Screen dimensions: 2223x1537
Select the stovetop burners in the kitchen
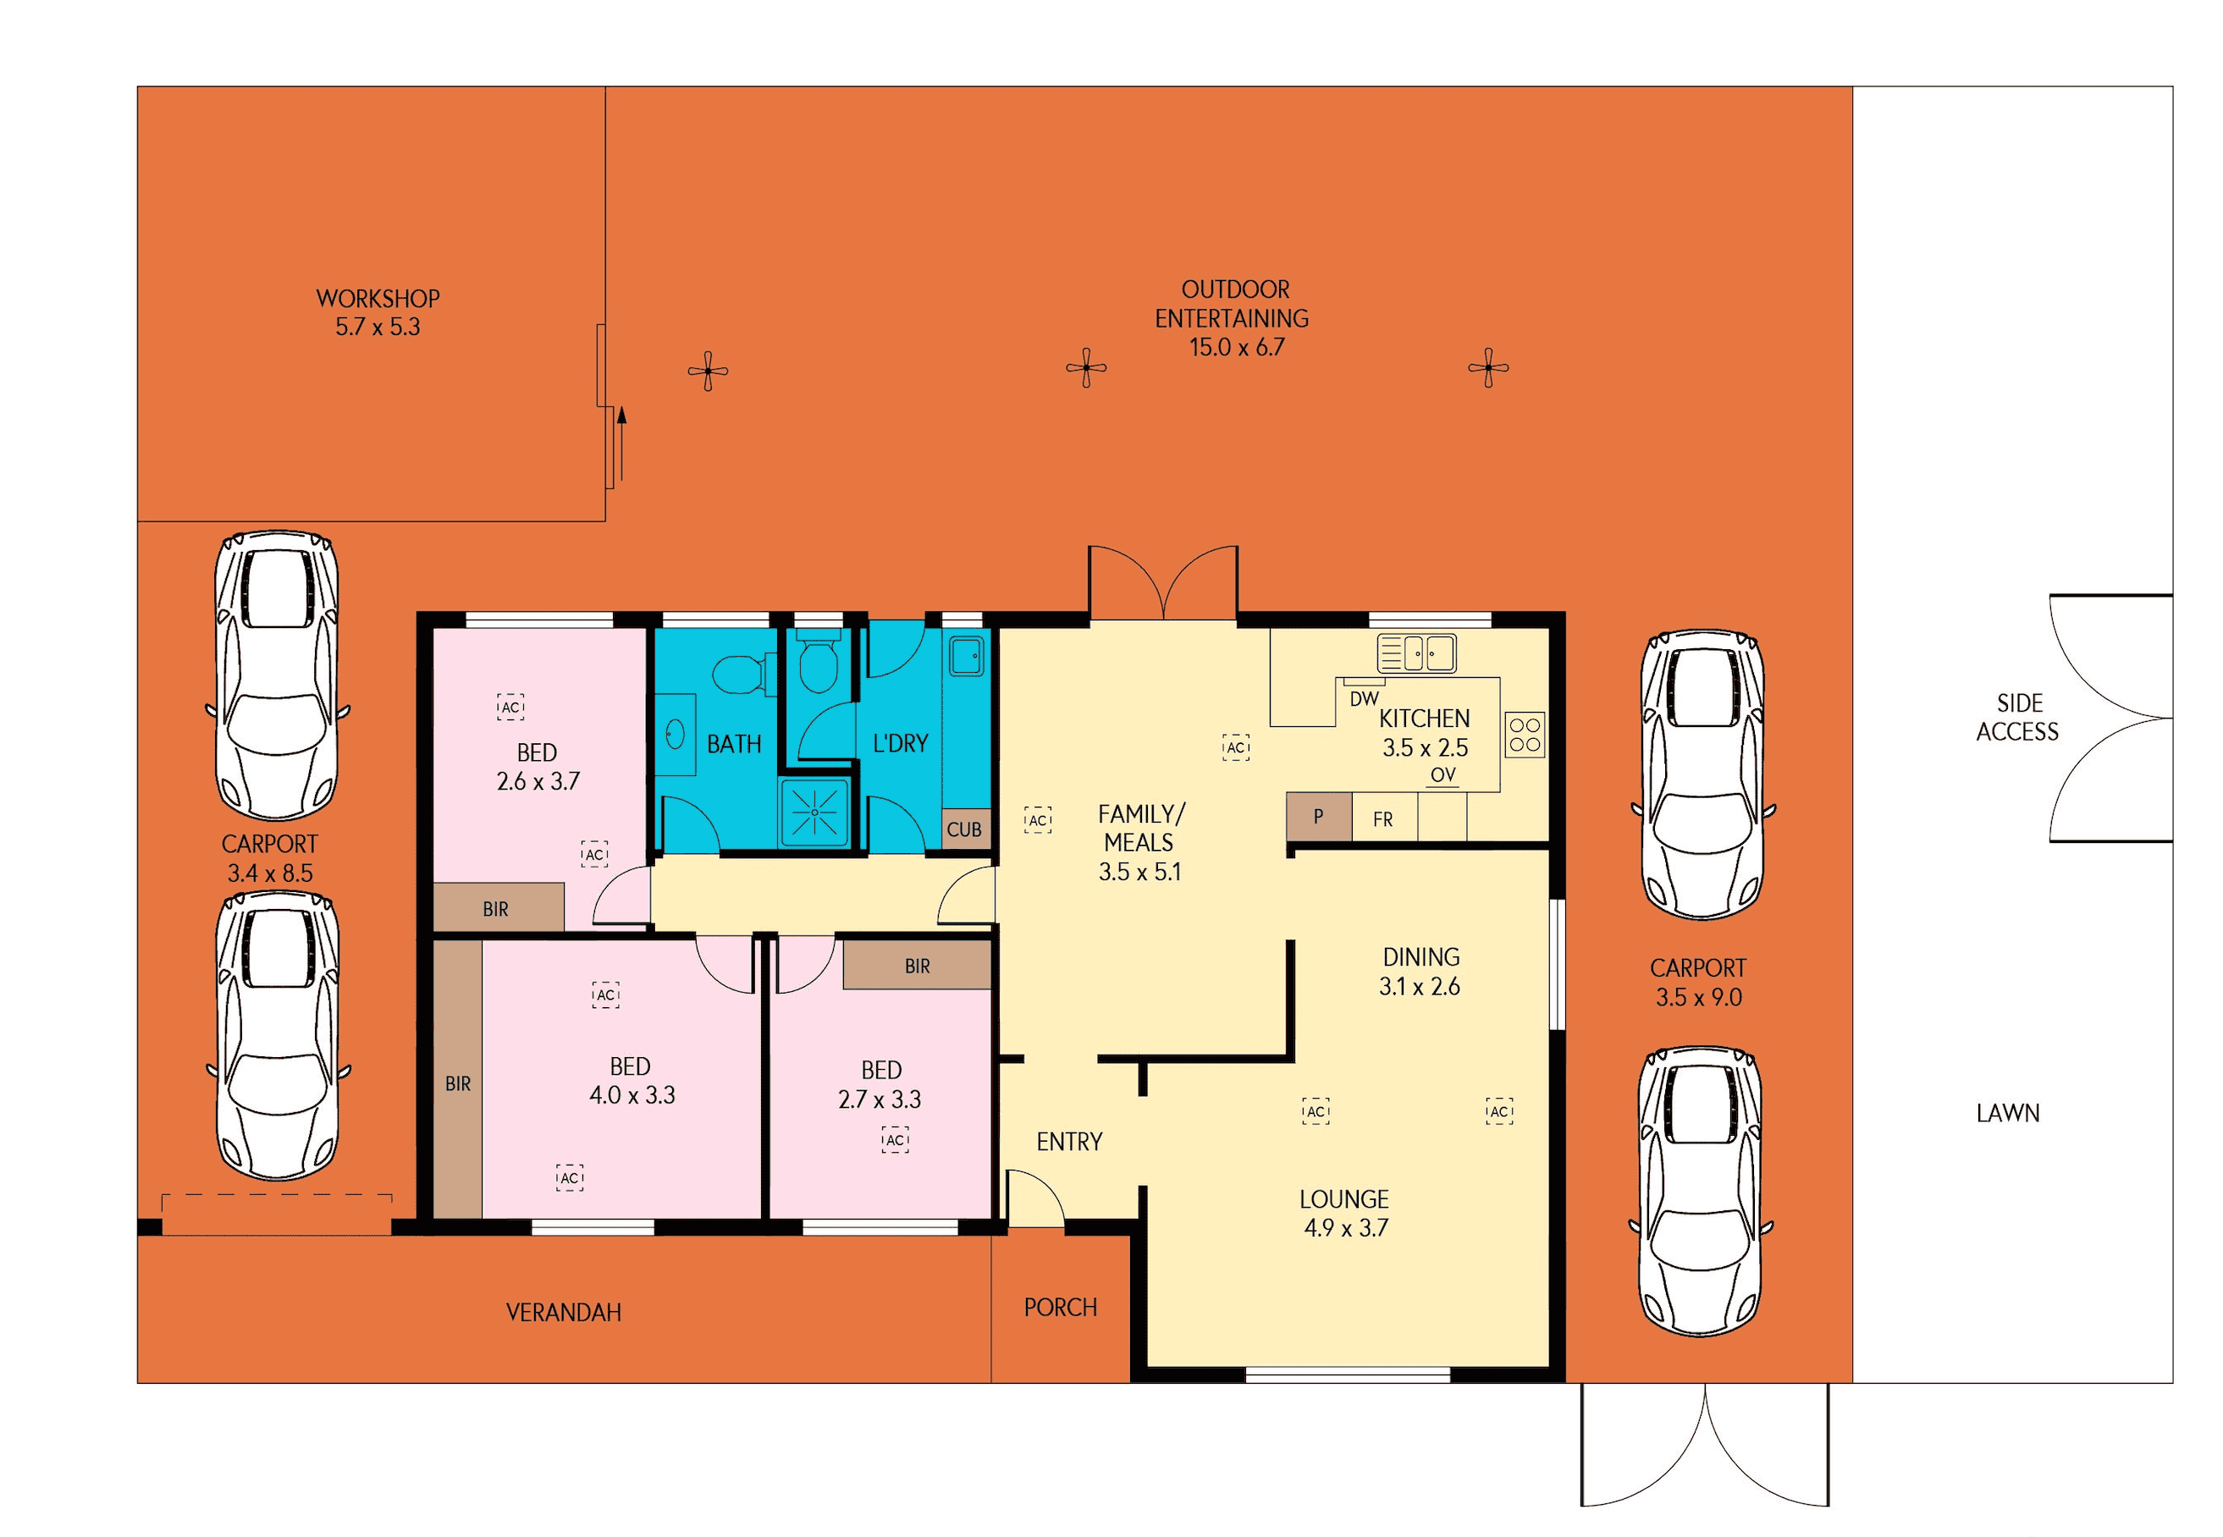1525,734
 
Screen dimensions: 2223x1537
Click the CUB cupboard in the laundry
964,829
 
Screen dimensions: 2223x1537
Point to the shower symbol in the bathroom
814,812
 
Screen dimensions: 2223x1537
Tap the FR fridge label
1382,819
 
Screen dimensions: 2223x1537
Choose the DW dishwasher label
1364,698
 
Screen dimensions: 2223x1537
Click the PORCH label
1061,1307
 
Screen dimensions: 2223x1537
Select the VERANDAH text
564,1312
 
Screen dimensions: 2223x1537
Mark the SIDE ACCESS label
2017,717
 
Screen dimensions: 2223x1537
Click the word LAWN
2007,1112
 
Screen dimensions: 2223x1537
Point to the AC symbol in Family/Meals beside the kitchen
1236,747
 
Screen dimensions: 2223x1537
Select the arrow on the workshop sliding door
622,443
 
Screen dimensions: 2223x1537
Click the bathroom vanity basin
676,735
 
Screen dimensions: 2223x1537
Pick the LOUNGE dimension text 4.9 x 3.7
1345,1227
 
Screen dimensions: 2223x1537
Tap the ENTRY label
1069,1141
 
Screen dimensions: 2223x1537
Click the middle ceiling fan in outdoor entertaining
1086,367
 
